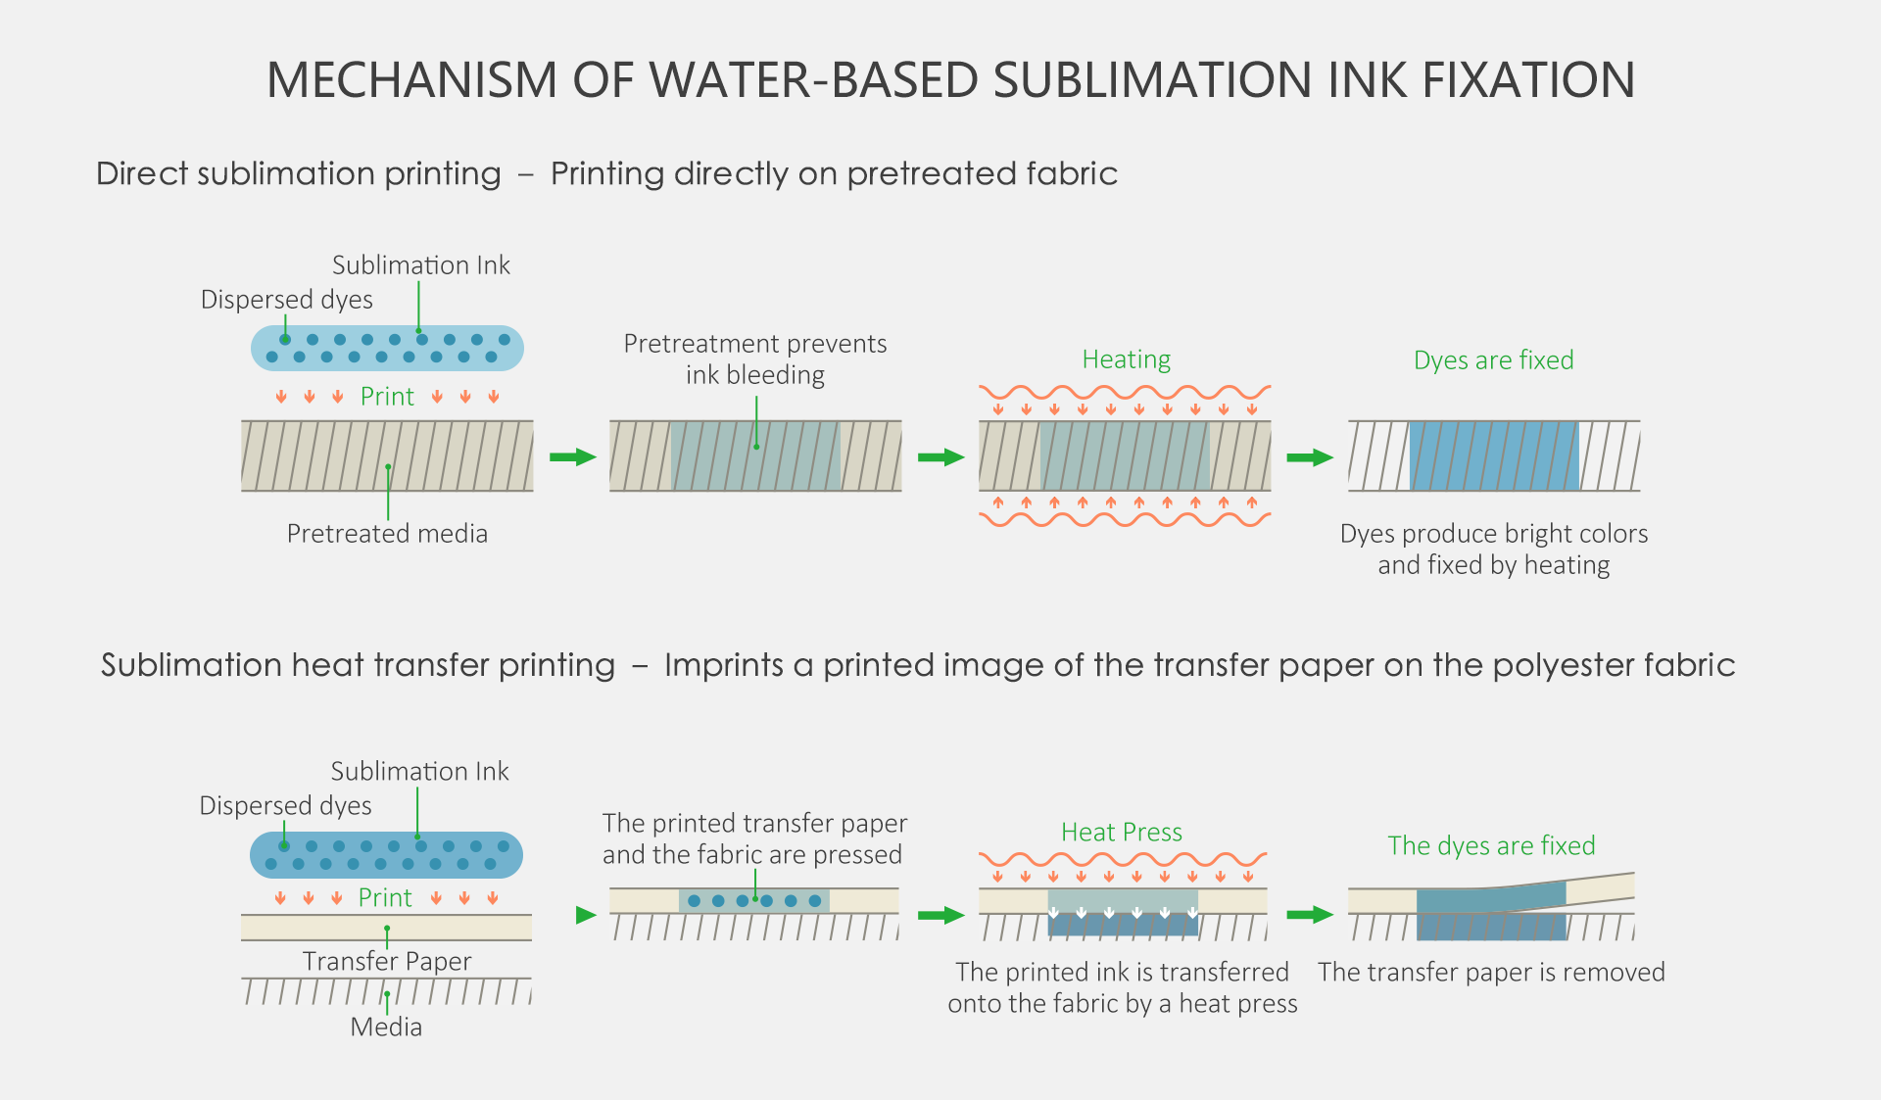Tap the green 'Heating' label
tap(1126, 359)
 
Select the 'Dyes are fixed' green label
tap(1493, 360)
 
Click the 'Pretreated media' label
tap(387, 534)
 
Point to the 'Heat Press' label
tap(1122, 833)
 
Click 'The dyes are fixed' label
tap(1491, 845)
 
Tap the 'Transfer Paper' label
tap(387, 961)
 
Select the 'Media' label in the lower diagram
tap(386, 1027)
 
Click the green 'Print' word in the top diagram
tap(387, 397)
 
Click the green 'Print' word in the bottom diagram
tap(385, 898)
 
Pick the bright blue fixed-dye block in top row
tap(1494, 456)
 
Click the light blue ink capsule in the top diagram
tap(387, 349)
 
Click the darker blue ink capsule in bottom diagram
tap(386, 855)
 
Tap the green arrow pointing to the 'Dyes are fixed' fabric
tap(1310, 457)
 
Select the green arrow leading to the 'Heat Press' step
tap(941, 916)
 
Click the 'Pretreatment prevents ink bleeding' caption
tap(754, 359)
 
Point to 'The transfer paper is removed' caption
tap(1491, 973)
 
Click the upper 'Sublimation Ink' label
tap(421, 265)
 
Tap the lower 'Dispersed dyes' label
tap(285, 806)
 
